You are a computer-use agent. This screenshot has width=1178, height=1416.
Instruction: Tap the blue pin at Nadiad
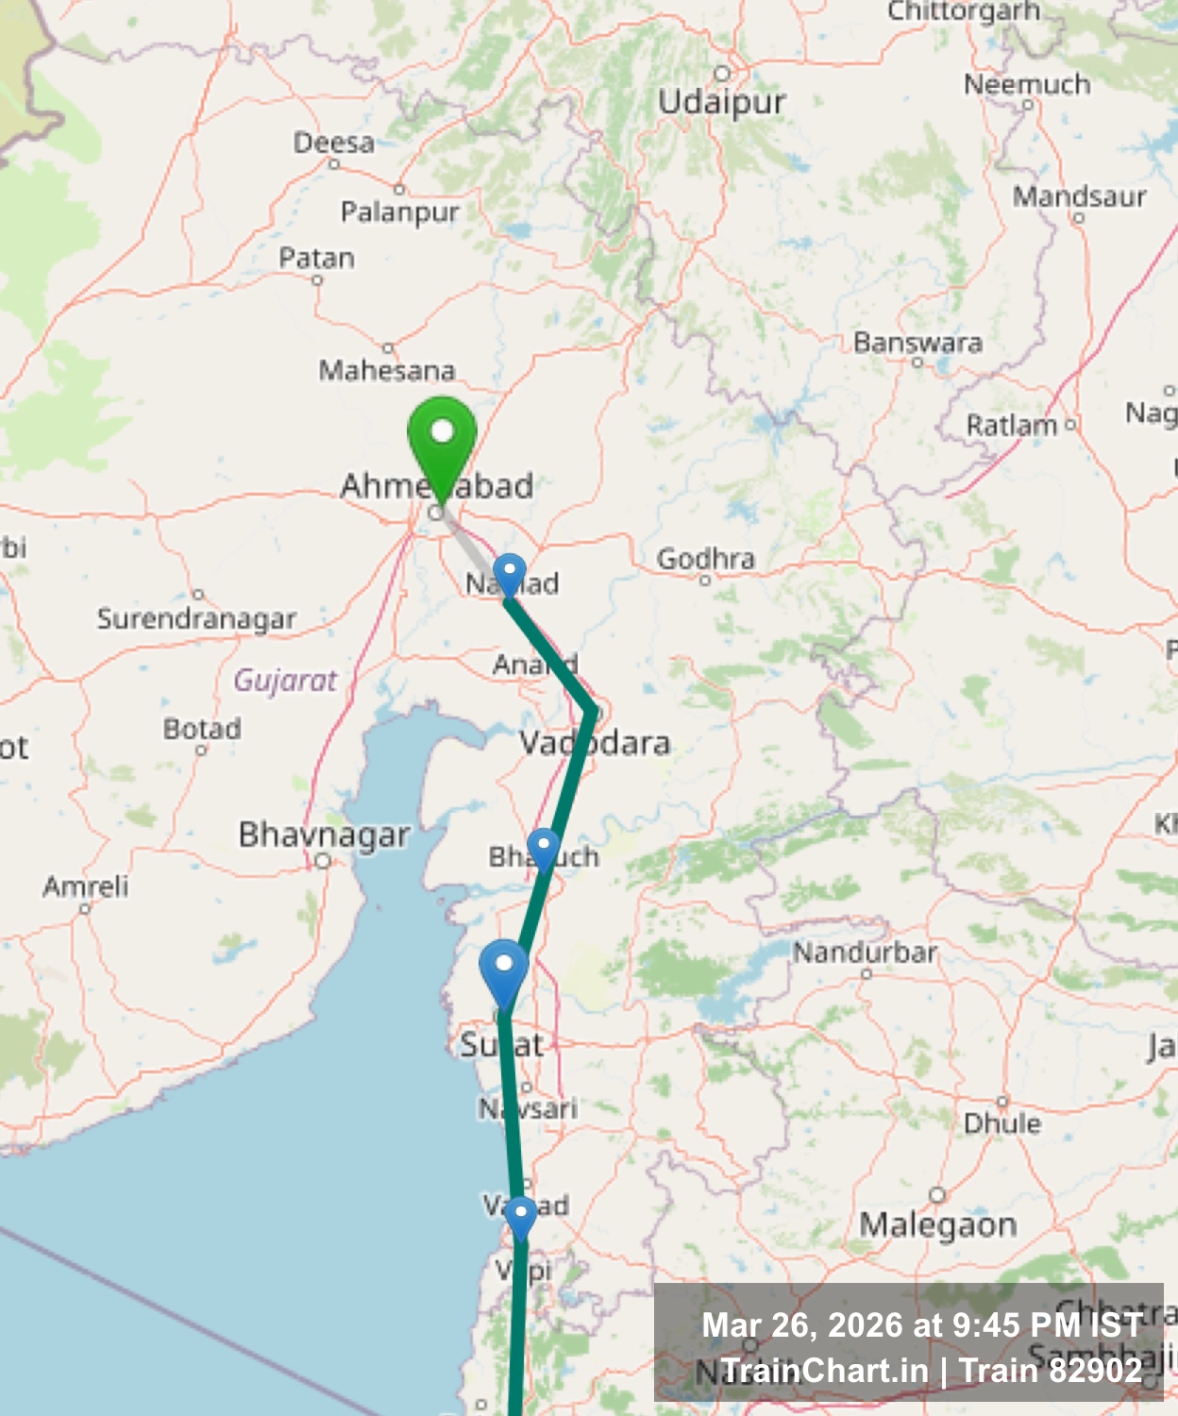(510, 572)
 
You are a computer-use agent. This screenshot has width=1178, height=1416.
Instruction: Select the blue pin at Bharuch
(543, 847)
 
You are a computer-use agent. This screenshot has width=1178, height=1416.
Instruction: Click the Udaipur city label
(722, 101)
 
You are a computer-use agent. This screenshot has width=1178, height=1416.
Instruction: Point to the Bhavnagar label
(324, 834)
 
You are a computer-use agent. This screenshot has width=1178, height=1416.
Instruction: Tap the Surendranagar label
(196, 618)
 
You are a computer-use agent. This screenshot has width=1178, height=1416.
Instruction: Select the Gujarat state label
(285, 680)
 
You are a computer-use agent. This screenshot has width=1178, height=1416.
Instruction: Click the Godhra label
(706, 559)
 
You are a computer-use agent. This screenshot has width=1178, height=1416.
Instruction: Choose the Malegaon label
(938, 1224)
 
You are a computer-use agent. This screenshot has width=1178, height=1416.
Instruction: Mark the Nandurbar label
(866, 952)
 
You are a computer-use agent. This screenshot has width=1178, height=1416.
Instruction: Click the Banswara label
(917, 342)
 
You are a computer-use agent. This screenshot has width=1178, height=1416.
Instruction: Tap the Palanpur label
(399, 211)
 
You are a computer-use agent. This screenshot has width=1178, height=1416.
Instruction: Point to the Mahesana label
(387, 370)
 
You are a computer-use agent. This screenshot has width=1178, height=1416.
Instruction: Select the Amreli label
(85, 885)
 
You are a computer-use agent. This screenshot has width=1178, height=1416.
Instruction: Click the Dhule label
(1002, 1122)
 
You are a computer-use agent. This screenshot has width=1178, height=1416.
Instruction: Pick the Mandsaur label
(1079, 196)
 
